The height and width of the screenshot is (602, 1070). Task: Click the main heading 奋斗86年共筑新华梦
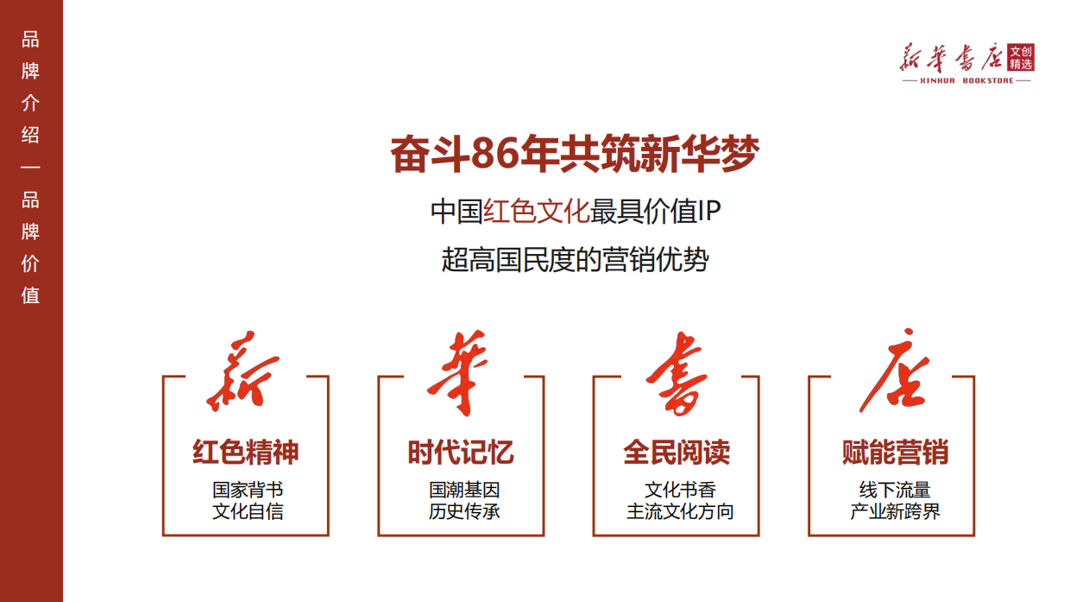(x=574, y=154)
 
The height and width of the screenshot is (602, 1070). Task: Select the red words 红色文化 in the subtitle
(x=536, y=212)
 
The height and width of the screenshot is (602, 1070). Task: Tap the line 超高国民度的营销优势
(x=575, y=259)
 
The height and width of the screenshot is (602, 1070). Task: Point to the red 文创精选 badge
(x=1021, y=58)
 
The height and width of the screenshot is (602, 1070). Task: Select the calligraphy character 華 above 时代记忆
(x=459, y=372)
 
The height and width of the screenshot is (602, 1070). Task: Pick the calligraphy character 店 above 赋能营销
(x=892, y=372)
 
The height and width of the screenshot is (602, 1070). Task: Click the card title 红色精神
(x=246, y=453)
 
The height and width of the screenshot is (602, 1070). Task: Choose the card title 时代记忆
(x=461, y=453)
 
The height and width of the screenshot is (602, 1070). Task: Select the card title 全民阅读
(x=677, y=453)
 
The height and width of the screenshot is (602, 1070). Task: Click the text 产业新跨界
(x=895, y=511)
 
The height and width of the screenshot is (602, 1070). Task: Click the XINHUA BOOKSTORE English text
(x=966, y=80)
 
